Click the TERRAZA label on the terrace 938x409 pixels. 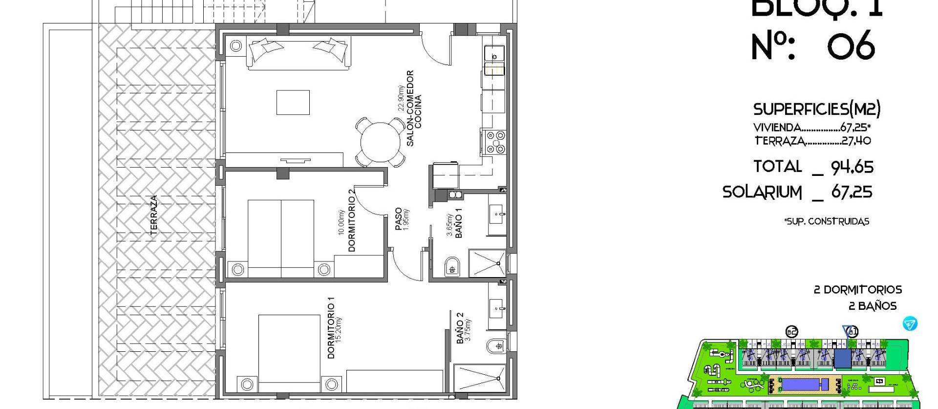(x=154, y=215)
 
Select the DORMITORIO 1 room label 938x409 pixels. (x=331, y=331)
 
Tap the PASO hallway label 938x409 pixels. (x=398, y=219)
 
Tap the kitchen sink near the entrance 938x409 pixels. (x=494, y=52)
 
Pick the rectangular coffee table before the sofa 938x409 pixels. (x=293, y=102)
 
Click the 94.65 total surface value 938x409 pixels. (x=852, y=168)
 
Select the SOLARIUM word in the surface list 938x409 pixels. (x=762, y=192)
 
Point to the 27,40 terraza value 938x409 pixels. (x=856, y=141)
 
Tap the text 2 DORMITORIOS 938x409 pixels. (x=857, y=290)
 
